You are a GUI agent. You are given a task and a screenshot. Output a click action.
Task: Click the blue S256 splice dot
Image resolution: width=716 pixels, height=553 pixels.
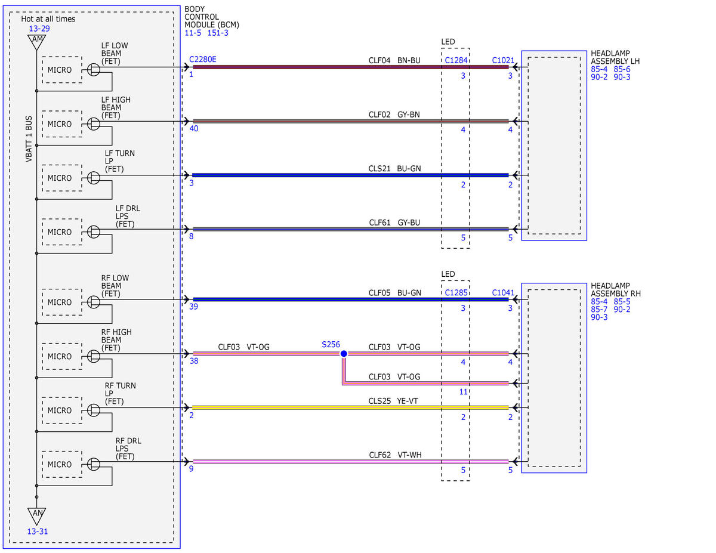point(343,353)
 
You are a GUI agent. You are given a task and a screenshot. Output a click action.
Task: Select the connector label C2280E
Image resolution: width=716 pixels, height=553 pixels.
point(203,59)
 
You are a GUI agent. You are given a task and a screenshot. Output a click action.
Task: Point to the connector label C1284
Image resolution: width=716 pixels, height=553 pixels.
point(456,60)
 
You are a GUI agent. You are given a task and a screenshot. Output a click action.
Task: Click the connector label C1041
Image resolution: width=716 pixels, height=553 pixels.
point(503,292)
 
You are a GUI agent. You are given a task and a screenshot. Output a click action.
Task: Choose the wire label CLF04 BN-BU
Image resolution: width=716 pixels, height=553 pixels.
point(394,60)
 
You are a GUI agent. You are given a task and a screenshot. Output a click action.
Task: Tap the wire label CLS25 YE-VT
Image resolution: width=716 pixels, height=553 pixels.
point(393,401)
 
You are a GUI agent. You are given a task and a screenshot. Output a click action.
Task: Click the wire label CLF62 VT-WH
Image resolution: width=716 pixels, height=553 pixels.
point(395,455)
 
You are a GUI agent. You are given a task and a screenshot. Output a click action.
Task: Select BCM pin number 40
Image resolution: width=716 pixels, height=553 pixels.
point(194,128)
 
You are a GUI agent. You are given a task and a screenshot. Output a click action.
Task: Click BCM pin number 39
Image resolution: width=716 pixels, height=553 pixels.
point(193,306)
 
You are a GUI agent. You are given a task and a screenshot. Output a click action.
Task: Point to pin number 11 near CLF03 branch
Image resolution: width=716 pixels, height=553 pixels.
point(463,391)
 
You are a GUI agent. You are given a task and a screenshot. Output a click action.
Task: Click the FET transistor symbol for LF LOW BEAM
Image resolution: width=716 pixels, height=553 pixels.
point(94,69)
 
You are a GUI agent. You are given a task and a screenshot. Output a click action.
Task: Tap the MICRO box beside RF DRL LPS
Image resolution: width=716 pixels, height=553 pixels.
point(62,464)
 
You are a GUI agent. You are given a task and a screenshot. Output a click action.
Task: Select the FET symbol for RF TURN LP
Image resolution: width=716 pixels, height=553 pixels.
point(94,410)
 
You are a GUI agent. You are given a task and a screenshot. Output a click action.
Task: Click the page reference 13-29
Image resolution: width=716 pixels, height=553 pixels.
point(39,28)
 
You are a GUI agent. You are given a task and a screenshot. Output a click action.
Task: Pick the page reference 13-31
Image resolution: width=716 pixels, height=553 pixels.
point(37,532)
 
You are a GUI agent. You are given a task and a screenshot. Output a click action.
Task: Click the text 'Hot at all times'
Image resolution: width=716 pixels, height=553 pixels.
point(48,18)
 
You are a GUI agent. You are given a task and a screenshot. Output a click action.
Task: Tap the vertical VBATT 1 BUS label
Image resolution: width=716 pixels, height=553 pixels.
point(29,138)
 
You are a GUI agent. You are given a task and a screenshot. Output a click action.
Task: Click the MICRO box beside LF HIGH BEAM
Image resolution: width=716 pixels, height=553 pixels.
point(62,124)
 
